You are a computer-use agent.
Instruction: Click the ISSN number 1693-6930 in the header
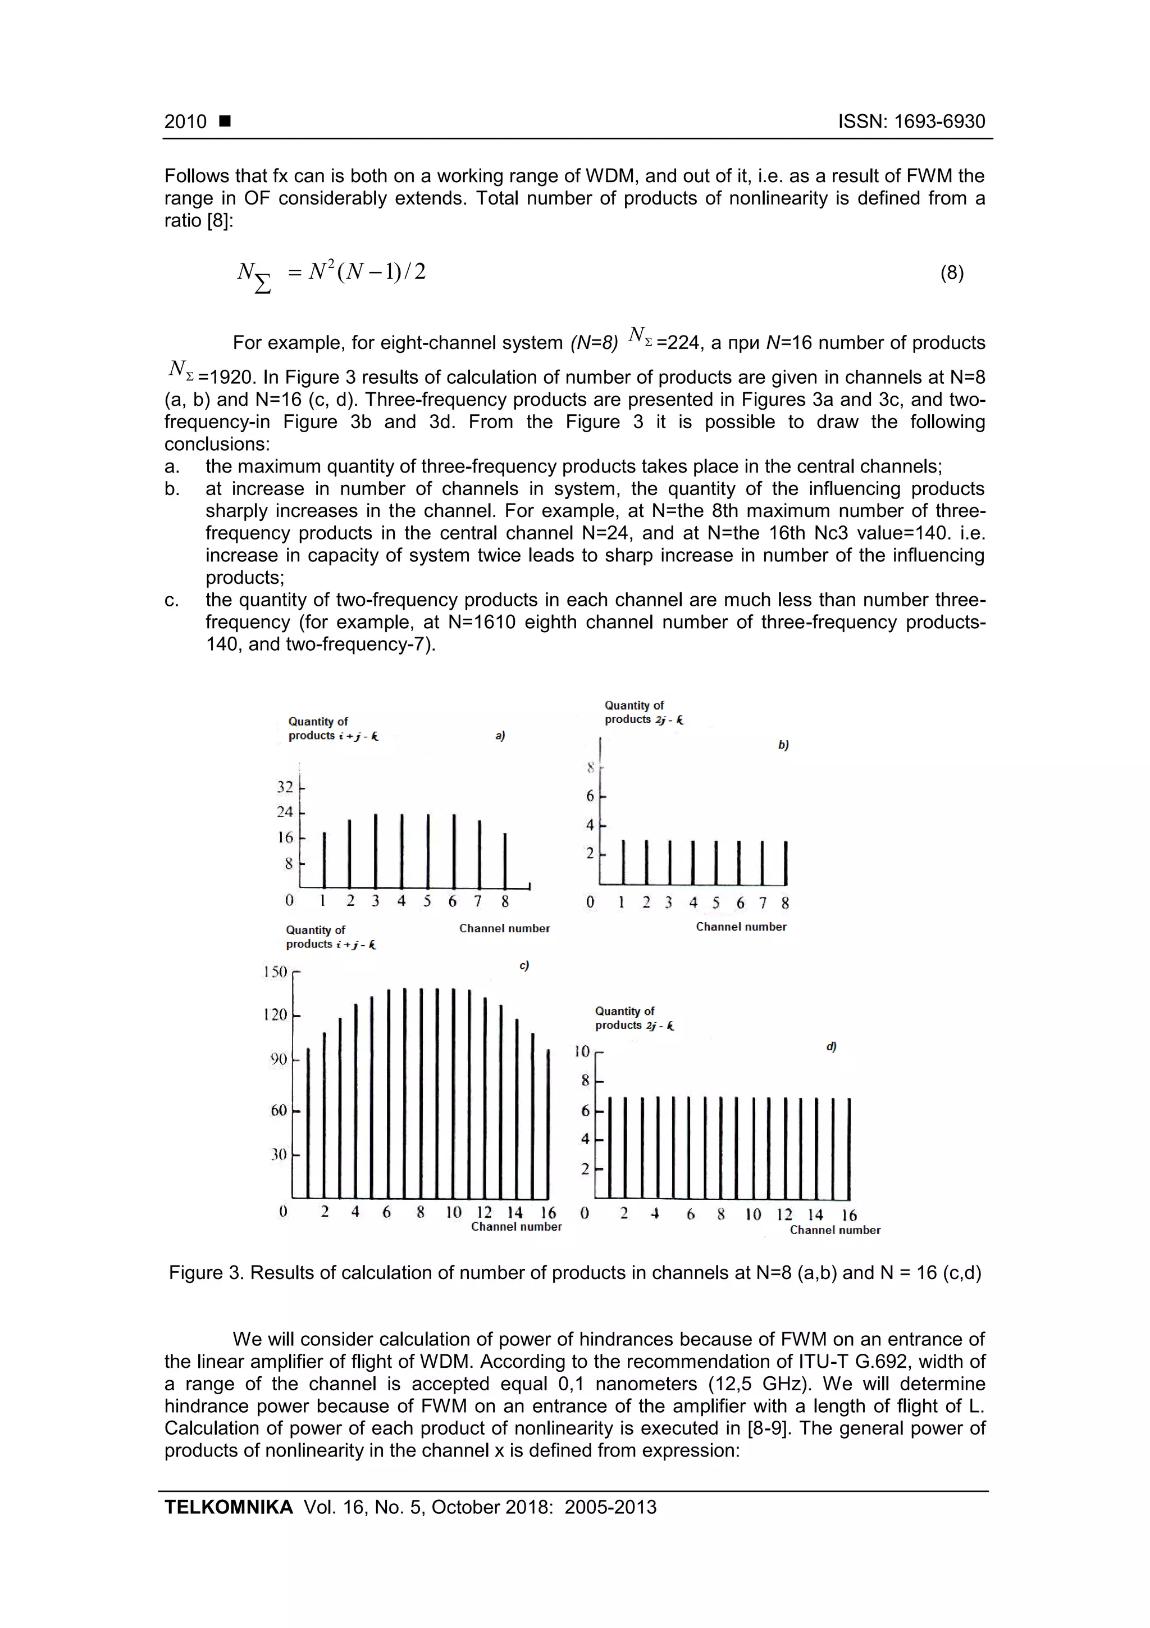[x=939, y=121]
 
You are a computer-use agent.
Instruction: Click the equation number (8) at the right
[x=952, y=273]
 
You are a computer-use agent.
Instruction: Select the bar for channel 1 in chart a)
[x=325, y=859]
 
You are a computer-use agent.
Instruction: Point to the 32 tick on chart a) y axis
[x=285, y=787]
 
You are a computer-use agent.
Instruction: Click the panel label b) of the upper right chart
[x=783, y=745]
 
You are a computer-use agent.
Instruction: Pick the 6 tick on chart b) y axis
[x=590, y=796]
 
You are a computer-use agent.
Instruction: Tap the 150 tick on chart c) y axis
[x=276, y=972]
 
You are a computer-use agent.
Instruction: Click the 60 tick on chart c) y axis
[x=279, y=1110]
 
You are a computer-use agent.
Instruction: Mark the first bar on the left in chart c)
[x=308, y=1123]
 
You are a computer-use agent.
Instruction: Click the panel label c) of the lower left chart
[x=524, y=966]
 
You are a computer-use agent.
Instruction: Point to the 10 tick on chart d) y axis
[x=582, y=1051]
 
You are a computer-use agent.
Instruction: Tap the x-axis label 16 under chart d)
[x=849, y=1216]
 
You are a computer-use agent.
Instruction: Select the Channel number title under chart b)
[x=741, y=927]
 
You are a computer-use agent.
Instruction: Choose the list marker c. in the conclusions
[x=171, y=601]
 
